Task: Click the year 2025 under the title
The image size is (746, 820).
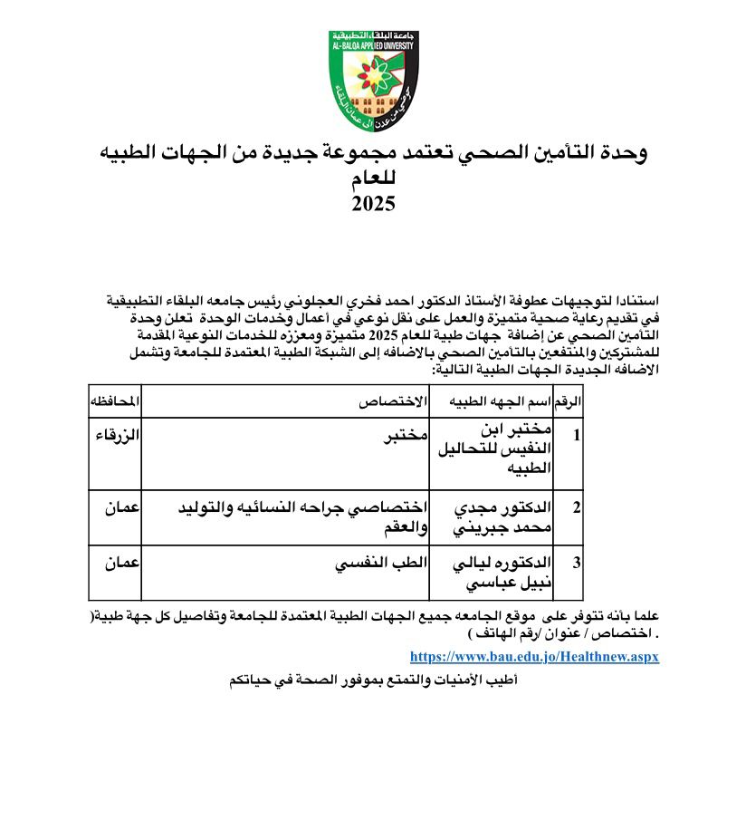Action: [x=373, y=203]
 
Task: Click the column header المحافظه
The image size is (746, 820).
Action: [x=115, y=400]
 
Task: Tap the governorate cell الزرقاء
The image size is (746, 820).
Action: [x=118, y=435]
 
